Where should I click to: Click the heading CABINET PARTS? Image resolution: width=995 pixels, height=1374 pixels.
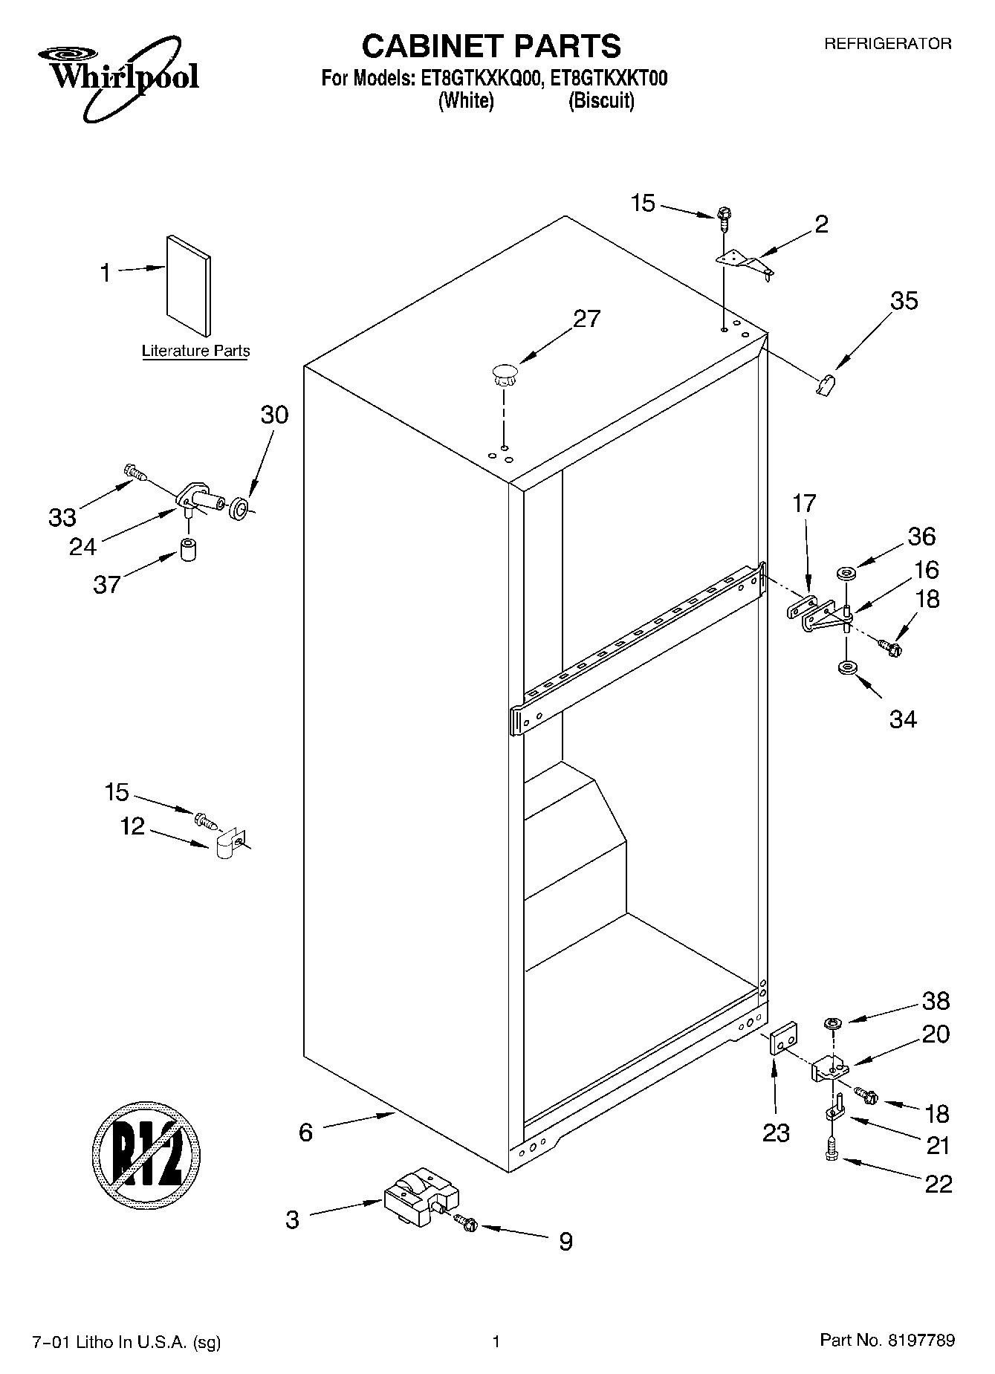coord(490,46)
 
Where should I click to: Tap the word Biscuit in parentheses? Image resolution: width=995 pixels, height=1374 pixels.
coord(601,101)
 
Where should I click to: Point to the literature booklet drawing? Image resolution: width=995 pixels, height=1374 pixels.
coord(188,285)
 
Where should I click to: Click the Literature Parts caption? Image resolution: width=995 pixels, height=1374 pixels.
coord(195,351)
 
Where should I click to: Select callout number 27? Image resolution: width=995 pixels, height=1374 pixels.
coord(586,319)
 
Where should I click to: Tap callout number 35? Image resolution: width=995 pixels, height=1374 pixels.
coord(904,301)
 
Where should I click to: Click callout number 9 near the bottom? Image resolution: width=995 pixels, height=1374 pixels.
coord(565,1242)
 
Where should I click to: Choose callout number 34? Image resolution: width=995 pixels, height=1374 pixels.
coord(903,719)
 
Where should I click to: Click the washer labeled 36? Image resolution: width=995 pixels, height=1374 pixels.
coord(846,574)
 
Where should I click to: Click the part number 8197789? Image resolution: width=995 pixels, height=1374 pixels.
coord(920,1341)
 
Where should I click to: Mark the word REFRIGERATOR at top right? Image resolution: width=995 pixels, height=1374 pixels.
coord(887,44)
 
